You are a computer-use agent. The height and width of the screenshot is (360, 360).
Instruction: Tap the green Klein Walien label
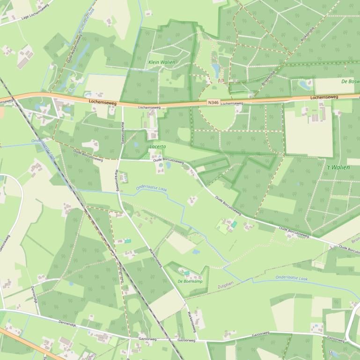tap(161, 62)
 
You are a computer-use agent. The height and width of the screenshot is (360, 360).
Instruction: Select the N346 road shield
tap(213, 102)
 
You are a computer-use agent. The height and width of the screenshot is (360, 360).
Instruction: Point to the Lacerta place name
tap(157, 146)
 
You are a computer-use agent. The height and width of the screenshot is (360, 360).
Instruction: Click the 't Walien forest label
tap(338, 167)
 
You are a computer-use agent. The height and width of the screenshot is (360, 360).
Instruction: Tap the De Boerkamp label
tap(190, 281)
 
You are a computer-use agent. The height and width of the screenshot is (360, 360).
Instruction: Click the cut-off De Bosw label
tap(350, 81)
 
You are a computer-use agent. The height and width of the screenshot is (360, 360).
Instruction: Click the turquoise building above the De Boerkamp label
tap(187, 273)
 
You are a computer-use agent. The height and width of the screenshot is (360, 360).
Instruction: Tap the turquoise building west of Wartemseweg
tap(128, 241)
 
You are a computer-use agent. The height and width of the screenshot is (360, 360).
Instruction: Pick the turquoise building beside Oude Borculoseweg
tap(234, 225)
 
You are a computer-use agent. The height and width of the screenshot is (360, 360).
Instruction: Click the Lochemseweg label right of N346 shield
tap(324, 97)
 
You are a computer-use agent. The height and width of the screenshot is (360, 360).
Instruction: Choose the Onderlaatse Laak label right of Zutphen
tap(291, 278)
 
